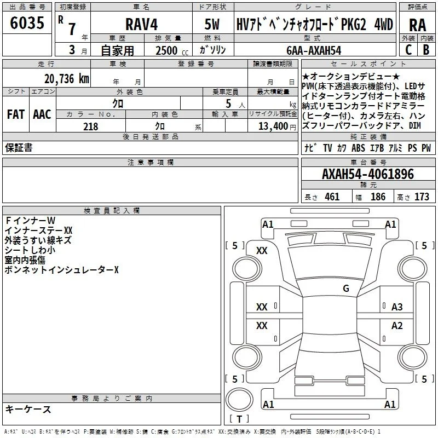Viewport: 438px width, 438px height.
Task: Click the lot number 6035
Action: click(27, 23)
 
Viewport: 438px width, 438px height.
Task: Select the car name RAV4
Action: click(142, 24)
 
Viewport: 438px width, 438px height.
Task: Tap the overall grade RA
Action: click(418, 25)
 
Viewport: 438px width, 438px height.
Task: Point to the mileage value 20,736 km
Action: click(67, 79)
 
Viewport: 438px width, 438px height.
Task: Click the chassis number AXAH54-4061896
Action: click(368, 174)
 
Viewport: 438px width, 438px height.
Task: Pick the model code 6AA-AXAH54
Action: click(314, 50)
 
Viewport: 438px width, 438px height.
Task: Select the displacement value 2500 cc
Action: click(172, 50)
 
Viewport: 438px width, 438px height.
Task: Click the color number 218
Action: click(91, 126)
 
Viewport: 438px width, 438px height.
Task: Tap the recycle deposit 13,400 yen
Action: click(277, 126)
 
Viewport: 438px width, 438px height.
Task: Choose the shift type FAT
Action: click(16, 114)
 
